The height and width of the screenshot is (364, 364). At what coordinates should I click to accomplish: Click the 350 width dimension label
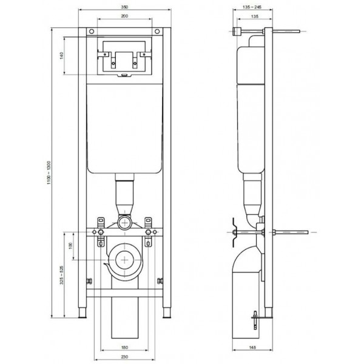(124, 7)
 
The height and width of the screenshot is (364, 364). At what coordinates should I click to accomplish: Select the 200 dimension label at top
(124, 16)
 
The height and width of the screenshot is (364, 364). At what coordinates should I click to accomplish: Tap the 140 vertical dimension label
(61, 56)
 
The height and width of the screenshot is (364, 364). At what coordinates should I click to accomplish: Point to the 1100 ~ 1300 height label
(49, 173)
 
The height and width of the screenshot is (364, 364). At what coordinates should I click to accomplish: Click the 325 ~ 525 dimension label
(61, 275)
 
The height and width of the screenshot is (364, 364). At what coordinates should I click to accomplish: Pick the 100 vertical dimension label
(71, 246)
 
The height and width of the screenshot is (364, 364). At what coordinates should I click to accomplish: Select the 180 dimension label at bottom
(124, 348)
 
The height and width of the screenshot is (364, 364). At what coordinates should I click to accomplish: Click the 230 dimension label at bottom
(124, 357)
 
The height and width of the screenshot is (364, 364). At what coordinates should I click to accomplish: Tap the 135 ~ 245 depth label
(252, 7)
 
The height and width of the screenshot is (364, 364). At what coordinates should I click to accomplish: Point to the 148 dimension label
(252, 348)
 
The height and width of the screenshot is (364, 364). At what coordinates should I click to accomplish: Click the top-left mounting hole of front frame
(92, 32)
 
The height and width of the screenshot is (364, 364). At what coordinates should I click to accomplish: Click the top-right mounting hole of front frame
(157, 32)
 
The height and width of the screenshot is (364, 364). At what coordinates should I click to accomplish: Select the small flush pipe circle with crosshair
(125, 223)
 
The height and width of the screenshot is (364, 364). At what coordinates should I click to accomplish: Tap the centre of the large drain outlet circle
(125, 260)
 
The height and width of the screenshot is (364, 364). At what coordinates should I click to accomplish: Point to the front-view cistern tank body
(124, 129)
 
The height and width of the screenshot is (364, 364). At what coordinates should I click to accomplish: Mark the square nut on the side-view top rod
(237, 32)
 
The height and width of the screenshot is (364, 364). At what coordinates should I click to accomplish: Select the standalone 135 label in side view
(255, 16)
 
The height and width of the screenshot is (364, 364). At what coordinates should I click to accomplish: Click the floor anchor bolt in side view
(255, 320)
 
